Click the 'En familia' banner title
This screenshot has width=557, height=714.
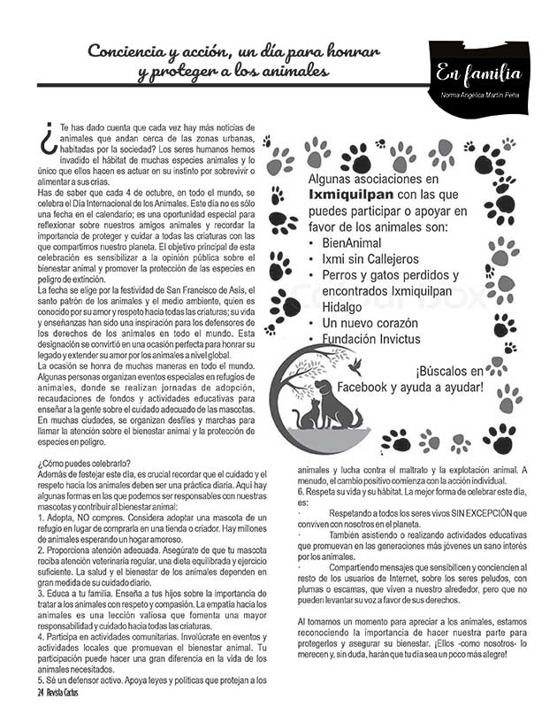478,73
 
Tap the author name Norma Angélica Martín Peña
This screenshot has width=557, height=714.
477,95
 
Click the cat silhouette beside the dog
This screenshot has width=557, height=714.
310,414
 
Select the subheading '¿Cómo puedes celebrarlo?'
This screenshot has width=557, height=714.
85,463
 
